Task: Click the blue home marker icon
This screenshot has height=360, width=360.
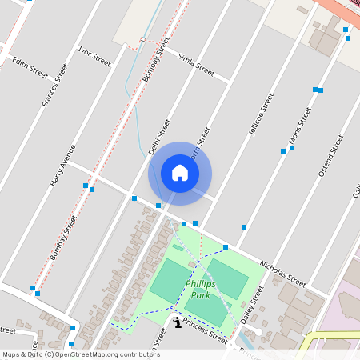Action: (x=180, y=173)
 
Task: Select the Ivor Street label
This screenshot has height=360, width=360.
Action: (x=94, y=54)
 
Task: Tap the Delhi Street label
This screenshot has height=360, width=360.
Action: (x=160, y=137)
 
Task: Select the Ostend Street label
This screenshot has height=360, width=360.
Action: (x=330, y=155)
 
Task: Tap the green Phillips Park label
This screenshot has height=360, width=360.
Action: (x=201, y=289)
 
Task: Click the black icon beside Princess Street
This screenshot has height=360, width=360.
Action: (x=177, y=322)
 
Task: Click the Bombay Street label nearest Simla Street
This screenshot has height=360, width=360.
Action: (x=158, y=62)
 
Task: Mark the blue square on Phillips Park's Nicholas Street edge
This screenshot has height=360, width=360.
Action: (x=226, y=247)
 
